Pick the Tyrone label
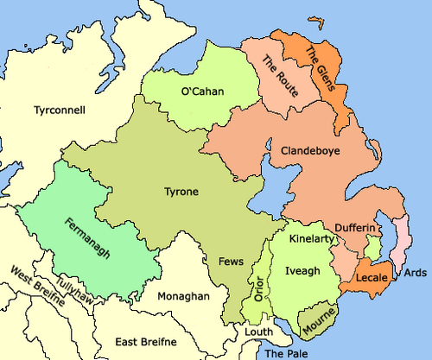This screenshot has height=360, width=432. [181, 191]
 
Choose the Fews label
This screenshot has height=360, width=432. [232, 261]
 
